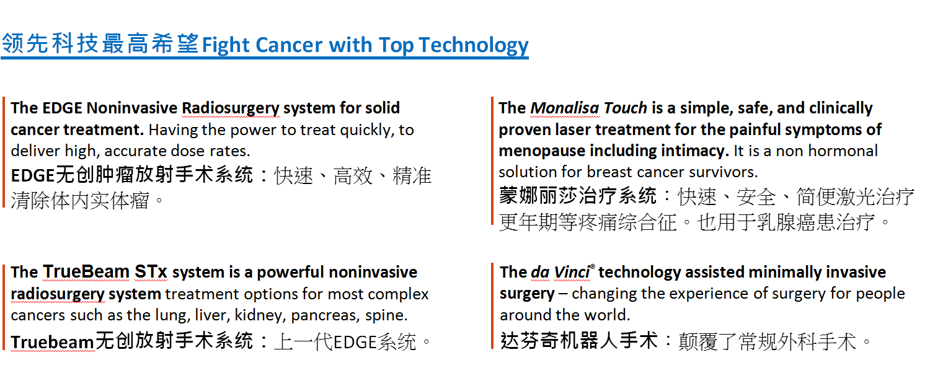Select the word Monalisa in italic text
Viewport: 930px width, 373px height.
tap(565, 108)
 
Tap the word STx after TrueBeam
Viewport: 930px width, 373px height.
tap(151, 272)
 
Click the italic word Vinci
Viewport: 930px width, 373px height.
tap(572, 272)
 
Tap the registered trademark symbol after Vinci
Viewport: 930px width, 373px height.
tap(593, 266)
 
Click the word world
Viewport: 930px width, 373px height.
tap(609, 315)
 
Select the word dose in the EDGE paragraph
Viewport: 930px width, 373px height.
tap(188, 151)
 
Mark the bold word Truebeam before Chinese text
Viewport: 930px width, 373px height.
tap(53, 342)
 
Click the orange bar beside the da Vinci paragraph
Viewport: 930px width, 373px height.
tap(492, 306)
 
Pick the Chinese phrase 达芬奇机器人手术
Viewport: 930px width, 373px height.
tap(579, 341)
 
